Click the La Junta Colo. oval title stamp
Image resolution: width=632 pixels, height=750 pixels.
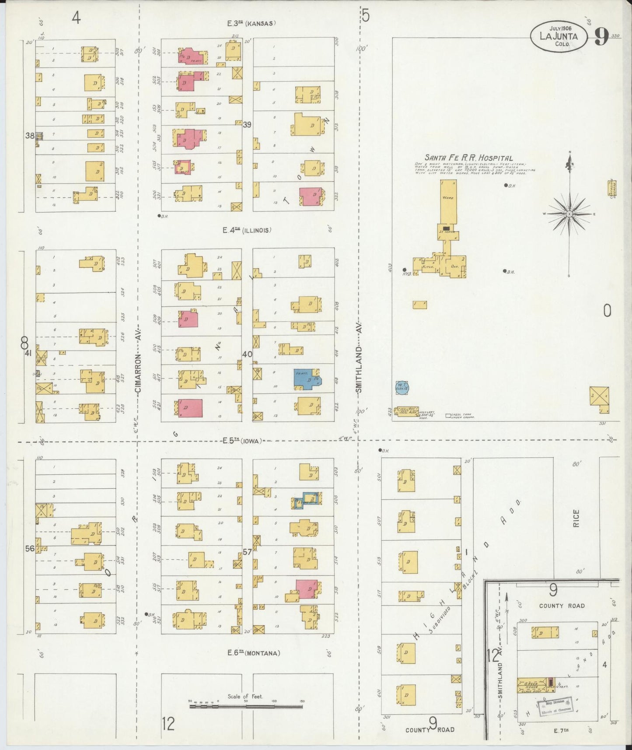[x=559, y=36]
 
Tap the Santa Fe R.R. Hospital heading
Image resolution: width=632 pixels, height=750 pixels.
[x=468, y=158]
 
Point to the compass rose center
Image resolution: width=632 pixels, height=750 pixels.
[x=569, y=214]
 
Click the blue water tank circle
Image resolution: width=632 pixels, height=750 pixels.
[x=402, y=387]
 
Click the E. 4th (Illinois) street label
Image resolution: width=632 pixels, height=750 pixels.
[x=246, y=230]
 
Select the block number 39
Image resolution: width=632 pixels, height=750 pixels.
[x=247, y=125]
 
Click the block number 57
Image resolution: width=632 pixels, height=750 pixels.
[x=247, y=552]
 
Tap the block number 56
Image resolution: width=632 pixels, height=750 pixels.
[x=29, y=549]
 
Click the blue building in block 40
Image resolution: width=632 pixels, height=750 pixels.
[x=308, y=379]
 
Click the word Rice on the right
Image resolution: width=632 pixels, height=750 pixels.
[x=576, y=518]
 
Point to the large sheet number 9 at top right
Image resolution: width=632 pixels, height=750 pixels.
[x=601, y=37]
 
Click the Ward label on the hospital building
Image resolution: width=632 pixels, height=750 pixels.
[x=448, y=198]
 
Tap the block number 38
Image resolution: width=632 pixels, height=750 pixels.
[x=29, y=136]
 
